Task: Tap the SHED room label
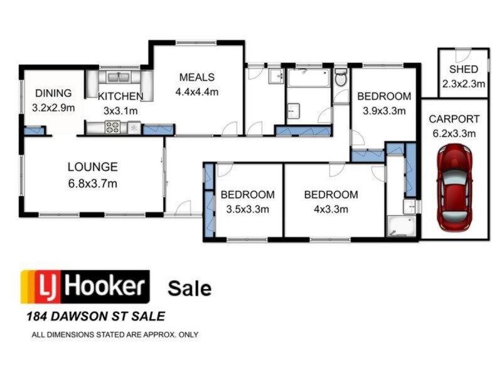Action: coord(463,69)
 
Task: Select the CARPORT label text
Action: coord(454,119)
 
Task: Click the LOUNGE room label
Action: coord(92,167)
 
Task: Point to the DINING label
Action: coord(53,94)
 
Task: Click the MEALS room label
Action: coord(196,77)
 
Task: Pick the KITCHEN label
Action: coord(120,97)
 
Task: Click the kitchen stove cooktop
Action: coord(113,128)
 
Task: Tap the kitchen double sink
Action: coord(118,77)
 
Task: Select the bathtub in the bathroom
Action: coord(308,78)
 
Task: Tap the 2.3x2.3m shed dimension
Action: coord(463,83)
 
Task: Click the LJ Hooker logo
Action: coord(85,287)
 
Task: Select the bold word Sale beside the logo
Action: coord(190,288)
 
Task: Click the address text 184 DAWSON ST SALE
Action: coord(93,317)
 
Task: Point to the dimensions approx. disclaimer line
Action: coord(115,334)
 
